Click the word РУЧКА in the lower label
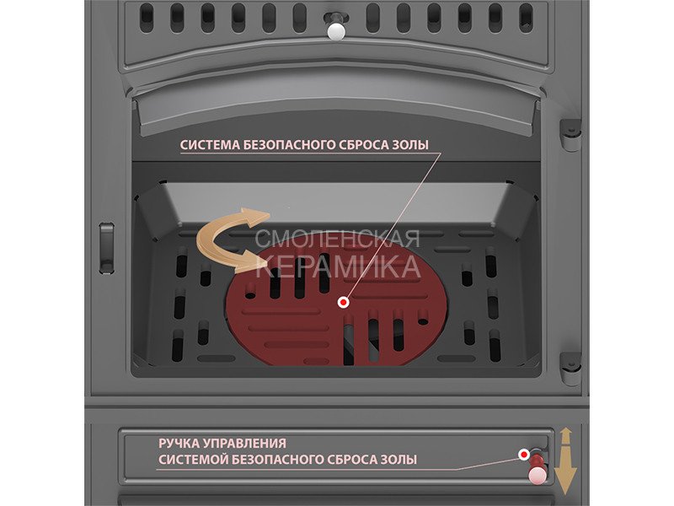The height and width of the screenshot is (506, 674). point(178,444)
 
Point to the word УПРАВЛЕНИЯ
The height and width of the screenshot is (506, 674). point(243,444)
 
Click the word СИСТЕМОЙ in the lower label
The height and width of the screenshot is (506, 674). point(193,460)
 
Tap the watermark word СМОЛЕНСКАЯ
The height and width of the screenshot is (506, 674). point(338,239)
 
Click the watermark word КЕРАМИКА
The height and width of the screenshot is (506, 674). point(339,266)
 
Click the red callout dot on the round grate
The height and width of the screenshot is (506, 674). point(343,303)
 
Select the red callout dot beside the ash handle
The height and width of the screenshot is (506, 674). point(523,455)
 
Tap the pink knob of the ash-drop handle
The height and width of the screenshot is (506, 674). point(538,476)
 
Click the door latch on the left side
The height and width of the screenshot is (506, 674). point(107,248)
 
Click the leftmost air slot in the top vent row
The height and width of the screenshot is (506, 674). point(147,19)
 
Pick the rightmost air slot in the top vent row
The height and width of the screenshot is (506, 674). point(526,19)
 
